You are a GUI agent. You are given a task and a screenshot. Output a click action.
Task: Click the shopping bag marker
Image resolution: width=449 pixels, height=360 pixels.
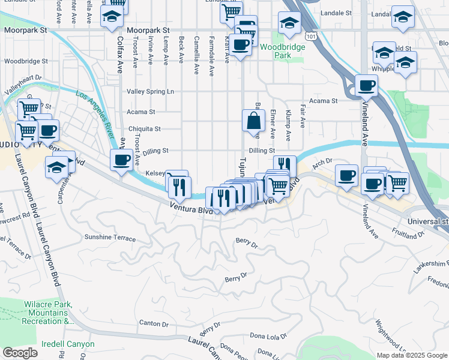253,121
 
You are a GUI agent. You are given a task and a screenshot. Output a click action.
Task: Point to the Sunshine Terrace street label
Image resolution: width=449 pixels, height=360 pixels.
110,238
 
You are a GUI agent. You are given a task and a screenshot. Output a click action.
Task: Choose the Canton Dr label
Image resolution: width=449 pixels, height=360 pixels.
154,323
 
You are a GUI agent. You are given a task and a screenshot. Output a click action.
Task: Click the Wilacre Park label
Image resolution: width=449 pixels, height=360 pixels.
46,313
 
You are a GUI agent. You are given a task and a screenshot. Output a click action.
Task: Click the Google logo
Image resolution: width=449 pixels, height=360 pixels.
19,353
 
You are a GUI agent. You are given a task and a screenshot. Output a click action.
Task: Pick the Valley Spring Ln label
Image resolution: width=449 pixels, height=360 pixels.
149,92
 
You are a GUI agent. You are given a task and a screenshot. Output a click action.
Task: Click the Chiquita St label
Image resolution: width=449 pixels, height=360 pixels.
145,129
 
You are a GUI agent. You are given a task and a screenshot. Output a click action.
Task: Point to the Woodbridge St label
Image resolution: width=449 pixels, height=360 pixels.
26,61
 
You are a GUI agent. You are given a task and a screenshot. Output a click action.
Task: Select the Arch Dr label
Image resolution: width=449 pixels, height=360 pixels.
322,161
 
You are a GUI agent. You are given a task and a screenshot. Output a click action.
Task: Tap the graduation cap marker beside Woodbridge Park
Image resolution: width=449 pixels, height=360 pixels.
289,23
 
